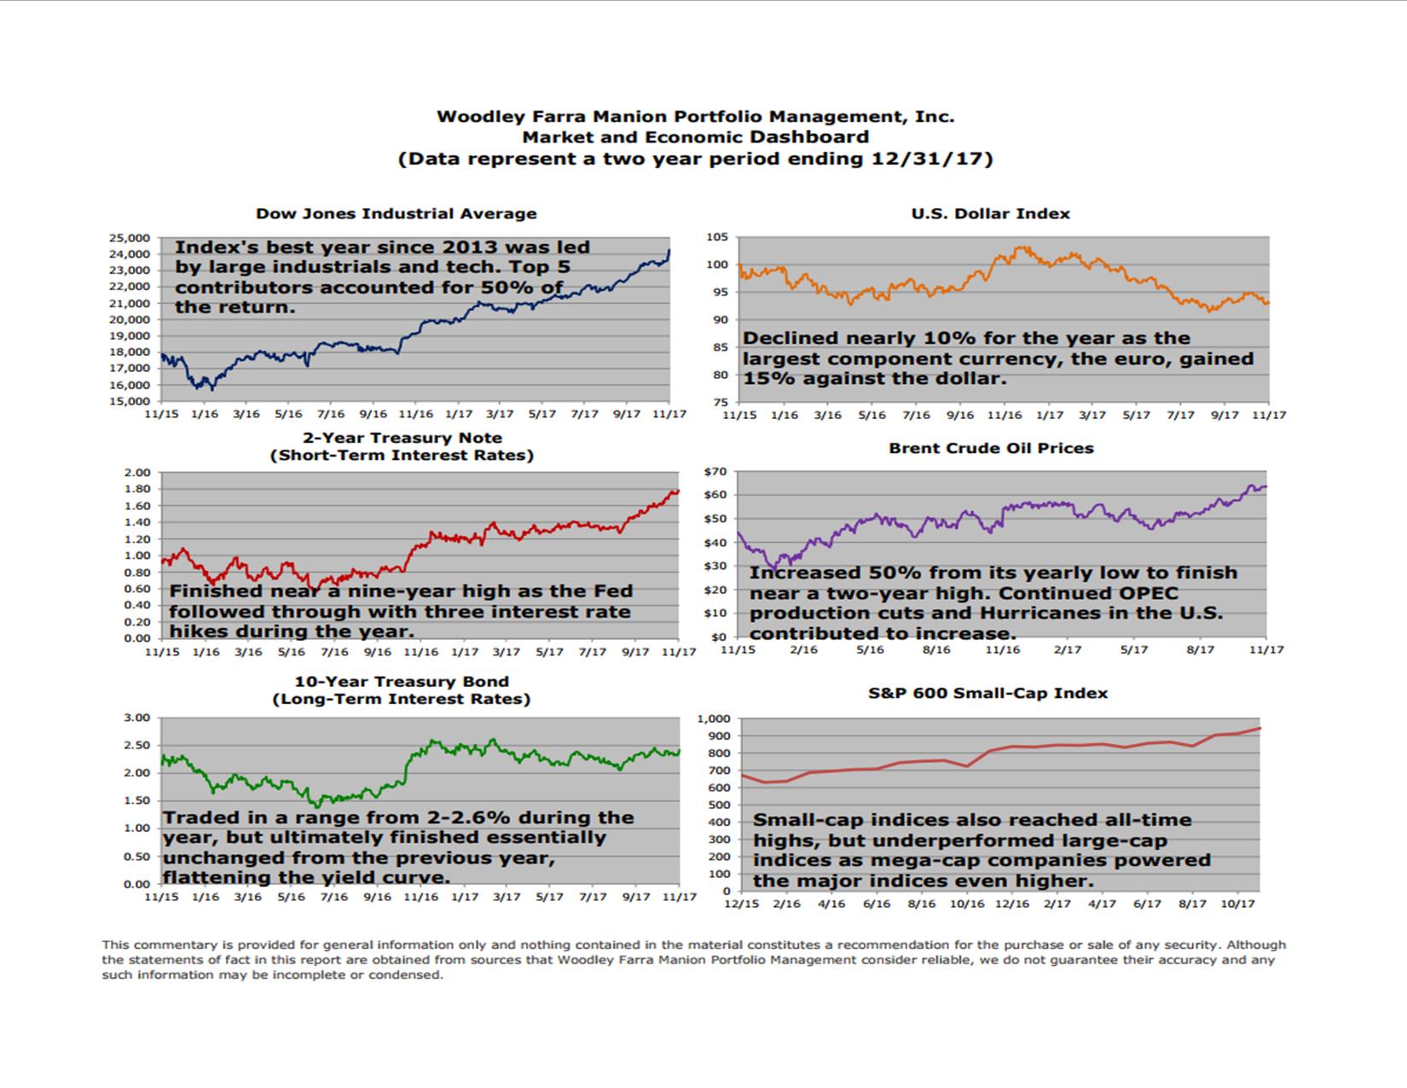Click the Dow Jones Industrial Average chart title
pos(397,214)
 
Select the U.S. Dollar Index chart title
pos(990,214)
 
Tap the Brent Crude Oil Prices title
pos(991,448)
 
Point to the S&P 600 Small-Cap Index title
pos(987,693)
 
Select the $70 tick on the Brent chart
pos(715,471)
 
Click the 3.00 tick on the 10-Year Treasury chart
pos(136,718)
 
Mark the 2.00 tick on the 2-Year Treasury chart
pos(136,473)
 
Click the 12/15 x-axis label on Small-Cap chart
pos(740,904)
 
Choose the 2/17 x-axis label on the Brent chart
pos(1067,650)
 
